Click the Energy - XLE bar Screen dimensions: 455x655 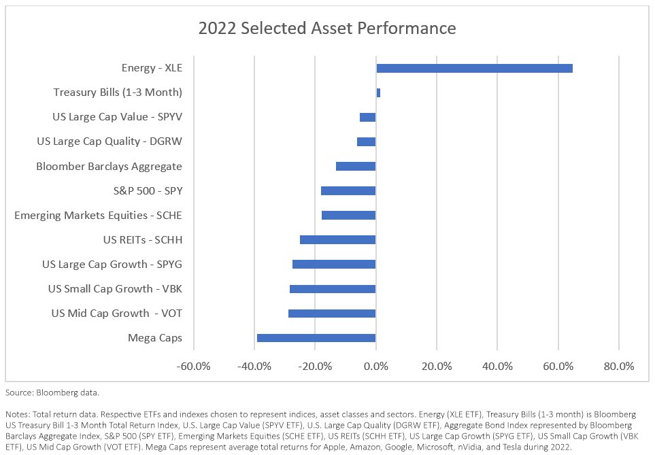click(x=474, y=68)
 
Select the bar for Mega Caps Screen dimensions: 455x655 click(x=316, y=338)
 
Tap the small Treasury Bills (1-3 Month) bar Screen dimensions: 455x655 click(x=378, y=92)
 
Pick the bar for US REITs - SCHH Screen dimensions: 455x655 click(x=337, y=239)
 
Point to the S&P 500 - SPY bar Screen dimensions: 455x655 click(x=348, y=190)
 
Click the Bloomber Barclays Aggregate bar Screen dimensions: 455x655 click(x=356, y=166)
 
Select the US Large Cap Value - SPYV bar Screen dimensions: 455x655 click(x=367, y=117)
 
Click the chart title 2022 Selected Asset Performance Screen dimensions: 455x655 click(x=326, y=29)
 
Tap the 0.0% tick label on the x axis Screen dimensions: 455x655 click(x=376, y=366)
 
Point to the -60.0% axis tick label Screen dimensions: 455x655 click(x=194, y=366)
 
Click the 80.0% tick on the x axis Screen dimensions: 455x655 click(x=618, y=366)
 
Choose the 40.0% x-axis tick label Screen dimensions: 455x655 click(x=497, y=366)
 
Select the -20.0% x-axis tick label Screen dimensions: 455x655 click(x=315, y=366)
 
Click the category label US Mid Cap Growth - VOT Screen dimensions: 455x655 click(x=116, y=314)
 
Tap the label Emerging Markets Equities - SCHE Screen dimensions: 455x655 click(x=98, y=216)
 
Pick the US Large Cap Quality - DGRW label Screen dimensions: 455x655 click(x=109, y=141)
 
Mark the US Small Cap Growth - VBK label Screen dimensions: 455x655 click(x=115, y=289)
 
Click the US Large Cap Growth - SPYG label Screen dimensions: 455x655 click(x=112, y=265)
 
